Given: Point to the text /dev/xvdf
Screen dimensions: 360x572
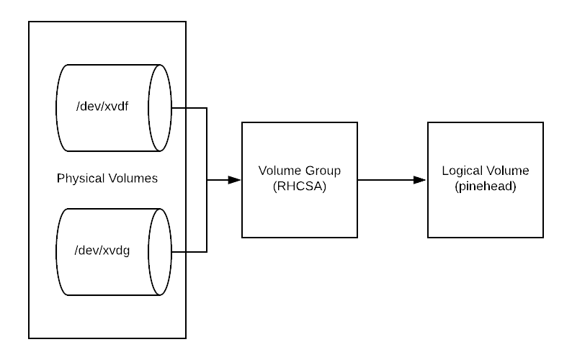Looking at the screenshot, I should pyautogui.click(x=102, y=107).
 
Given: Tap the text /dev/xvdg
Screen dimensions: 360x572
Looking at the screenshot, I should pyautogui.click(x=102, y=251).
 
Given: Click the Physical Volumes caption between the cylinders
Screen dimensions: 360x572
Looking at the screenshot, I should pyautogui.click(x=107, y=178).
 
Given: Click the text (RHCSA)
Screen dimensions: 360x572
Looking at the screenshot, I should pyautogui.click(x=300, y=186).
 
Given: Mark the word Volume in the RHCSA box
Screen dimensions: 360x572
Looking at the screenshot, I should pyautogui.click(x=280, y=171).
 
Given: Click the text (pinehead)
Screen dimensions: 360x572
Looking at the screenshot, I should pyautogui.click(x=486, y=186).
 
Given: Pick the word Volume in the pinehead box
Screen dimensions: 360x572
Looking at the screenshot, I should pyautogui.click(x=507, y=171).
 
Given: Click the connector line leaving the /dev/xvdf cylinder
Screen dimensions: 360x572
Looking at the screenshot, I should pyautogui.click(x=179, y=107).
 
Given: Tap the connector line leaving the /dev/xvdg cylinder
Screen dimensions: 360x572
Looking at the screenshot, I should pyautogui.click(x=179, y=252).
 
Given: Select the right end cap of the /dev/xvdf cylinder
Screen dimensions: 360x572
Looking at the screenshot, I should pyautogui.click(x=161, y=108).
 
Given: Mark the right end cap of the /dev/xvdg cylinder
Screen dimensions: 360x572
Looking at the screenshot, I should pyautogui.click(x=161, y=252).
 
